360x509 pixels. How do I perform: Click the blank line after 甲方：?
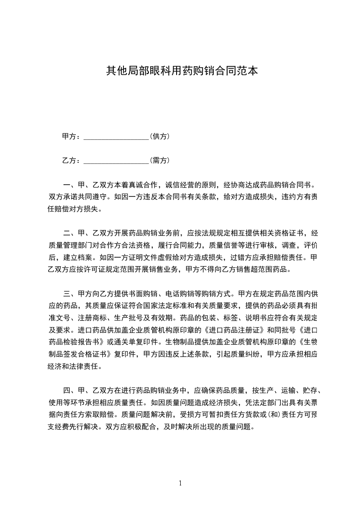[x=117, y=137]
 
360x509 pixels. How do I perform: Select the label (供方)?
[x=160, y=137]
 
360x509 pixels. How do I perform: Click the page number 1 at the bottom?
[x=180, y=483]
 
